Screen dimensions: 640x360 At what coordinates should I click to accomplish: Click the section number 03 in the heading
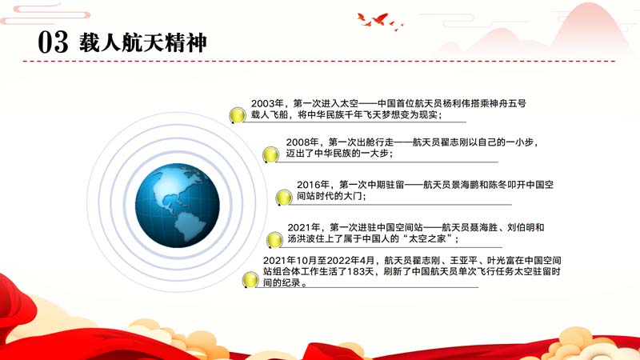53,42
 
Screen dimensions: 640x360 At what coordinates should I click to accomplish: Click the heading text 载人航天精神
143,42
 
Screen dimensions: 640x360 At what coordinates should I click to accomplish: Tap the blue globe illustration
178,206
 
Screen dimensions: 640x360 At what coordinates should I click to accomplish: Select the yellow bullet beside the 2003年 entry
237,115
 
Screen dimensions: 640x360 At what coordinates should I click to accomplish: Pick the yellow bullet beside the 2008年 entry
270,154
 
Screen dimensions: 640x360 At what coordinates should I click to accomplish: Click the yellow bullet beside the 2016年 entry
284,198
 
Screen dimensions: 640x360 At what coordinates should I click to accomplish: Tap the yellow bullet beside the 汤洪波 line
274,240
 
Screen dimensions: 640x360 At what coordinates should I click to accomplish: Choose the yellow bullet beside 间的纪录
250,279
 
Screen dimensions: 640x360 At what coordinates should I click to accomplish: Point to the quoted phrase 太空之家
427,238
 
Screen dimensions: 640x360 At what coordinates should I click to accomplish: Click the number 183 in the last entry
354,271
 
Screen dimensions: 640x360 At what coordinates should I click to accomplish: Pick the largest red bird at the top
380,18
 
